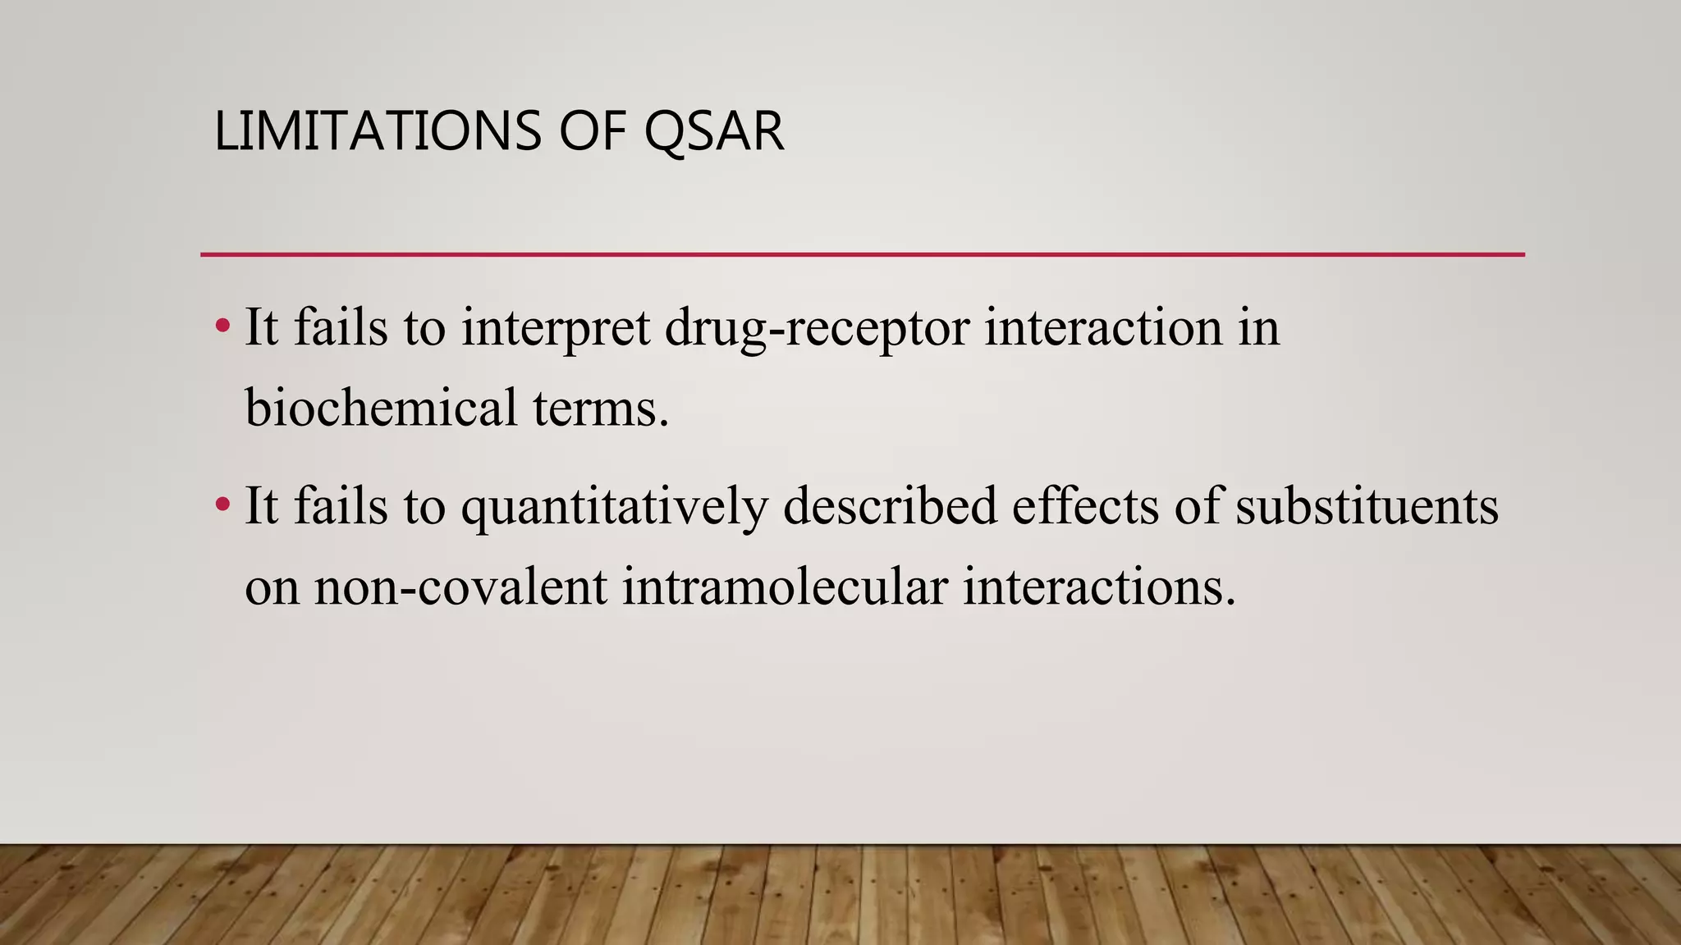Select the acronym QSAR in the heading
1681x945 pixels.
tap(713, 131)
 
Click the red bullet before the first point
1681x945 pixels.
tap(222, 326)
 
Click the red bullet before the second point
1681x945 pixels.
tap(222, 504)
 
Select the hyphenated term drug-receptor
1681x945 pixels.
tap(817, 328)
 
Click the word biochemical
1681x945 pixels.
tap(381, 408)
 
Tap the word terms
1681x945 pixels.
tap(601, 408)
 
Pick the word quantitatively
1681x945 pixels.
tap(614, 506)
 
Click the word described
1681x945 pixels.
tap(890, 506)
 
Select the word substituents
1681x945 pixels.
tap(1367, 506)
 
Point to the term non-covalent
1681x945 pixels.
tap(460, 587)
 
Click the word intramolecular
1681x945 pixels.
tap(785, 587)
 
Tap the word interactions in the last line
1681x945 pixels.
tap(1098, 587)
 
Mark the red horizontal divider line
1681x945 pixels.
tap(862, 255)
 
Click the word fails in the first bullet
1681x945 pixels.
tap(341, 328)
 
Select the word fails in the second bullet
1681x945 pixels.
tap(341, 506)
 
